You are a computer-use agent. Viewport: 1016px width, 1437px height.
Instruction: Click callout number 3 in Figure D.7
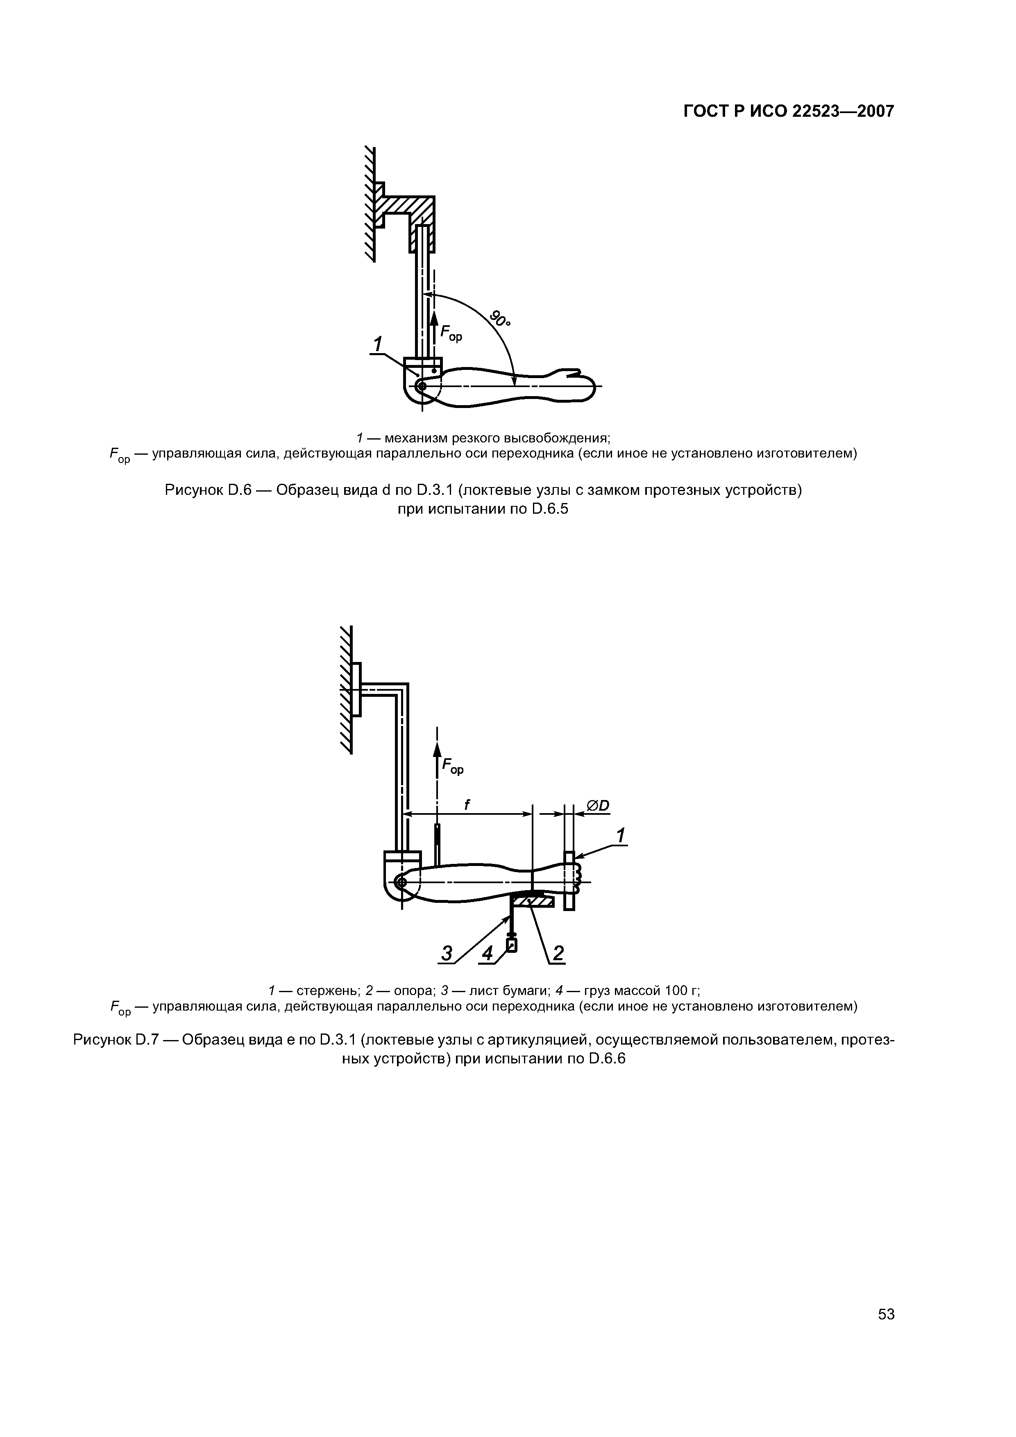447,953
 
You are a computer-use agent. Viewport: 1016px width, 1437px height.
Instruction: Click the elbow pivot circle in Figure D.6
421,387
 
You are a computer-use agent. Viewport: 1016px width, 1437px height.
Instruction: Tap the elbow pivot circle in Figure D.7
401,882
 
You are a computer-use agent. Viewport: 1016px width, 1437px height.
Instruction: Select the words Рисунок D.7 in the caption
116,1040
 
